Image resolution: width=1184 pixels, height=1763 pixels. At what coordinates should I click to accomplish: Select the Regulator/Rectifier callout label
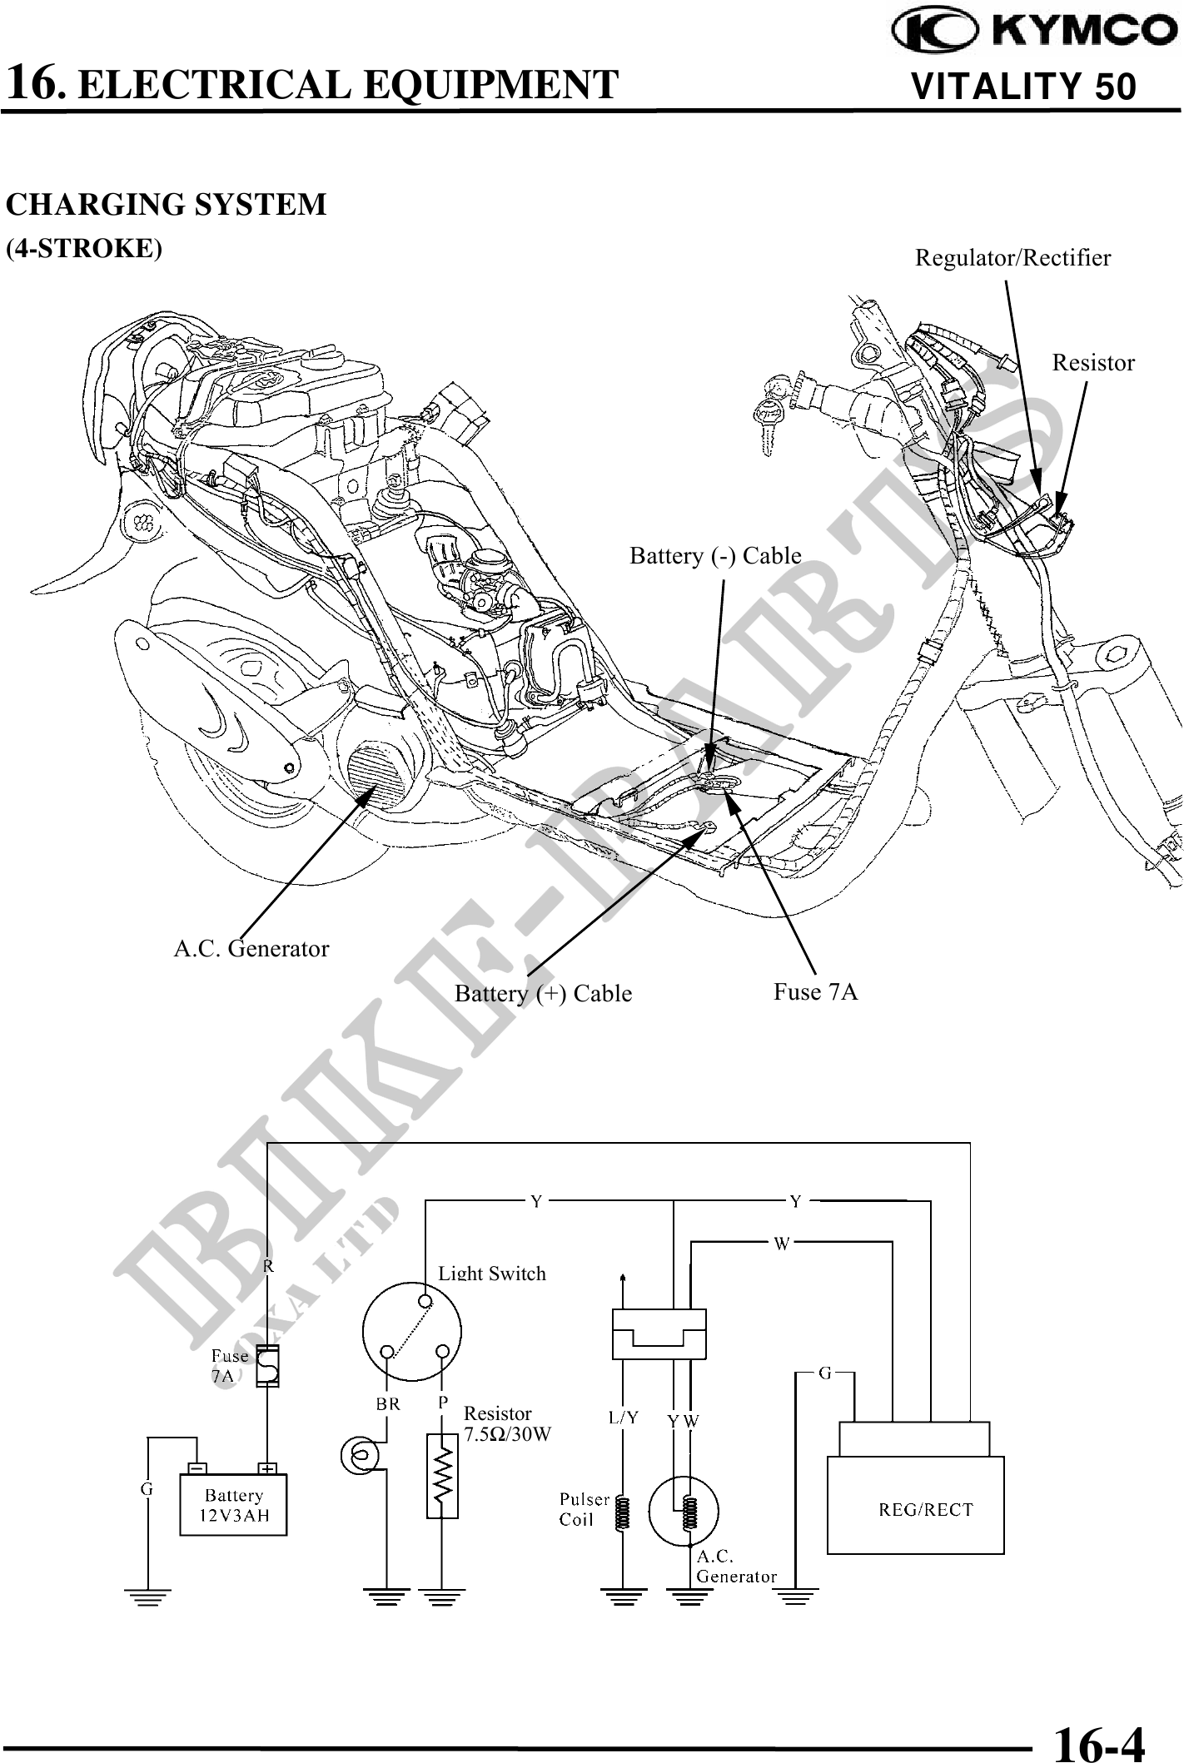[1012, 258]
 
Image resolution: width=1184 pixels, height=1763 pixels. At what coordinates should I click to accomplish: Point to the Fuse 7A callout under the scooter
[815, 991]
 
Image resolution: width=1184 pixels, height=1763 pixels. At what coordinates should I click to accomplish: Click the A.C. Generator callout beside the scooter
[251, 948]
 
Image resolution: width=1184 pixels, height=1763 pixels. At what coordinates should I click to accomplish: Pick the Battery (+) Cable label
[543, 994]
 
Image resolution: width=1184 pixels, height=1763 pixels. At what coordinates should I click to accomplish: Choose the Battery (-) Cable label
[715, 555]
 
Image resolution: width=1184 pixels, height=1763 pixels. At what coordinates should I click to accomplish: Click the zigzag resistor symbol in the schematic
[442, 1476]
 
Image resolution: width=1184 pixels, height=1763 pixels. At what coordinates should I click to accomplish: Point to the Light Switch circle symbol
[412, 1331]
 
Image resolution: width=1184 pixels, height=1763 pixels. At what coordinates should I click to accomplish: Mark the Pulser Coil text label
[584, 1509]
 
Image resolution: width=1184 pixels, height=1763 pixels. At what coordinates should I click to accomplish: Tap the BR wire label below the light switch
[388, 1403]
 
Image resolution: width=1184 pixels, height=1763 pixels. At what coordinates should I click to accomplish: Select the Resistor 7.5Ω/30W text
[507, 1423]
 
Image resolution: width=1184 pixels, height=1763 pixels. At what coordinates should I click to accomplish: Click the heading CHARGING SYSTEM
[167, 205]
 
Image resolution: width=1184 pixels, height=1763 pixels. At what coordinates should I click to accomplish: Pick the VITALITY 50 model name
[1024, 87]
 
